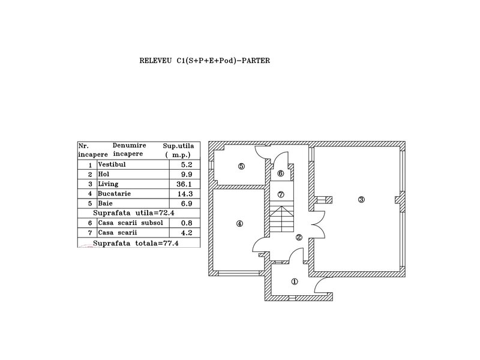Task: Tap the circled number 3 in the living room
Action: (x=361, y=200)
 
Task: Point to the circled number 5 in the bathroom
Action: (x=241, y=166)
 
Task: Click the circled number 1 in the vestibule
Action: (x=295, y=281)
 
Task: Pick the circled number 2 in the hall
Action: (x=299, y=237)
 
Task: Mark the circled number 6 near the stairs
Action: (x=280, y=173)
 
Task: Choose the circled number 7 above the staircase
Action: (x=280, y=194)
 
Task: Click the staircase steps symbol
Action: (x=280, y=220)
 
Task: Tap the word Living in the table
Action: (x=108, y=184)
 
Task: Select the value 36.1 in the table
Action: (x=172, y=184)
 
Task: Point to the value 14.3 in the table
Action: (x=172, y=194)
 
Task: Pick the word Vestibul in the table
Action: (x=110, y=164)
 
